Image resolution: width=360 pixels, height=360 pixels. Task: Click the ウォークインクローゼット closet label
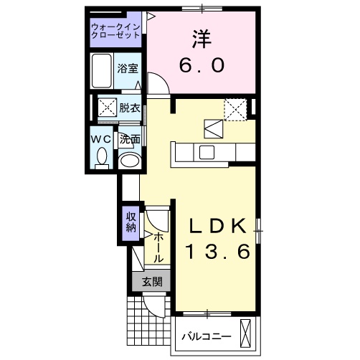(x=117, y=33)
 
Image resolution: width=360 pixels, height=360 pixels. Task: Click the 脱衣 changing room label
(x=130, y=108)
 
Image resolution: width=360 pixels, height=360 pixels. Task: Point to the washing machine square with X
(x=107, y=109)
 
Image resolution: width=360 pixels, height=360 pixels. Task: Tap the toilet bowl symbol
(x=102, y=156)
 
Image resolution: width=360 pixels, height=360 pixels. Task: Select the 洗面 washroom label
(x=129, y=139)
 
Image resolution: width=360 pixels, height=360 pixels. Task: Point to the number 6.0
(x=202, y=65)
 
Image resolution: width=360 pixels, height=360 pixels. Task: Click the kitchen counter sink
(x=207, y=152)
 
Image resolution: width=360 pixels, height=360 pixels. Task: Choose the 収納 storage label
(x=131, y=222)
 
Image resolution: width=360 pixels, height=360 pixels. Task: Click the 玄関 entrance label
(x=151, y=282)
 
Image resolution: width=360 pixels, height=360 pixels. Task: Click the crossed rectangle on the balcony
(x=248, y=334)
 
